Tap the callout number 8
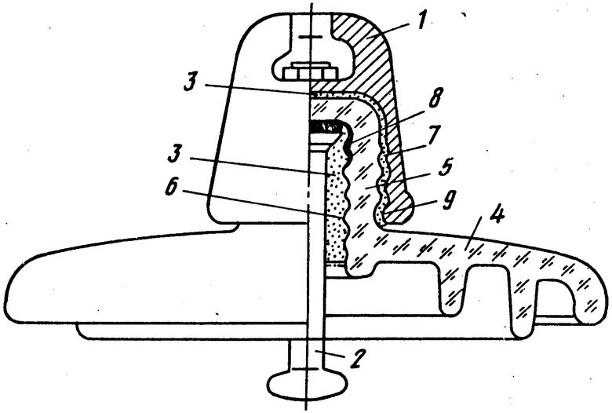pyautogui.click(x=446, y=200)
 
